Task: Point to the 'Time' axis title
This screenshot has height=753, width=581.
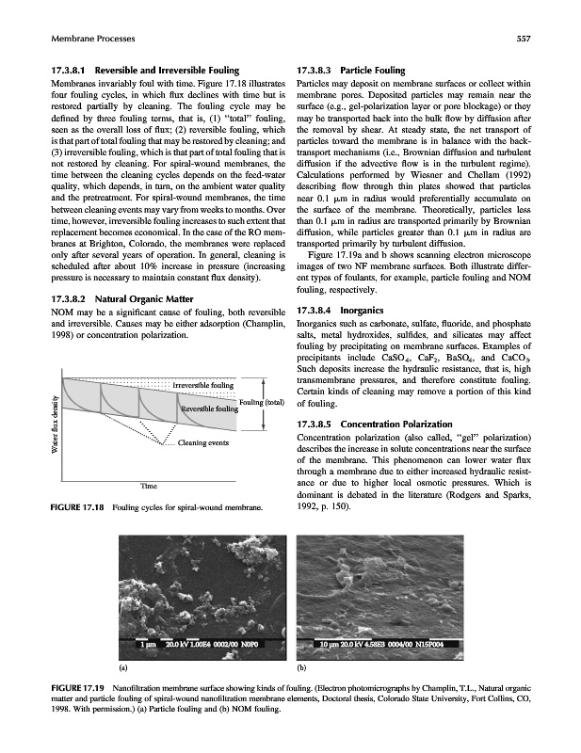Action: coord(148,485)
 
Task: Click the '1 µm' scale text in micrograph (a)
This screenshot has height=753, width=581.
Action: coord(148,644)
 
